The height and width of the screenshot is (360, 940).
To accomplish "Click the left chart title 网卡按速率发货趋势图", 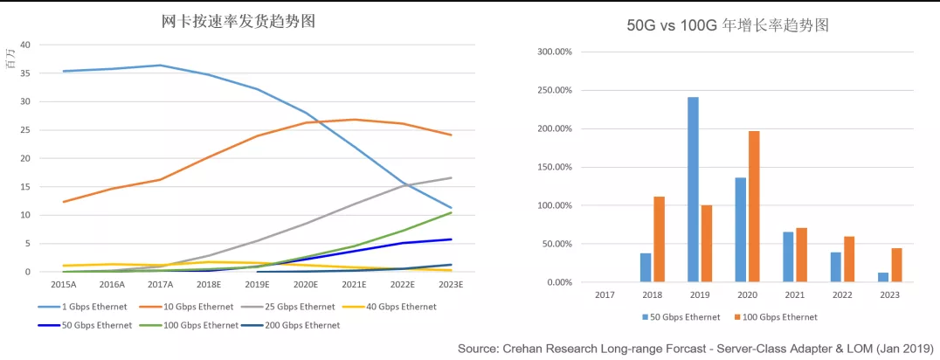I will [x=238, y=21].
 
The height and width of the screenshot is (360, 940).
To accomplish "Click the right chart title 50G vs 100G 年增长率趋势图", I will [x=728, y=25].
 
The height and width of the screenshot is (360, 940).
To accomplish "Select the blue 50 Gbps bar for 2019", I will [x=693, y=190].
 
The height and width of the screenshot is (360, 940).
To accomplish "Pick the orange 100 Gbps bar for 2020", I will [x=753, y=206].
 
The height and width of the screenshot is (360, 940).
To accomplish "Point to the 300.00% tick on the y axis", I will [x=554, y=52].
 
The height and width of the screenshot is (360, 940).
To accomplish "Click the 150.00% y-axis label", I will [x=554, y=167].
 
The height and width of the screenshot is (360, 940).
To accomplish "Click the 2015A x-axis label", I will [x=64, y=285].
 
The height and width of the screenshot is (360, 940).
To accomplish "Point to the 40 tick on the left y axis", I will [x=25, y=45].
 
